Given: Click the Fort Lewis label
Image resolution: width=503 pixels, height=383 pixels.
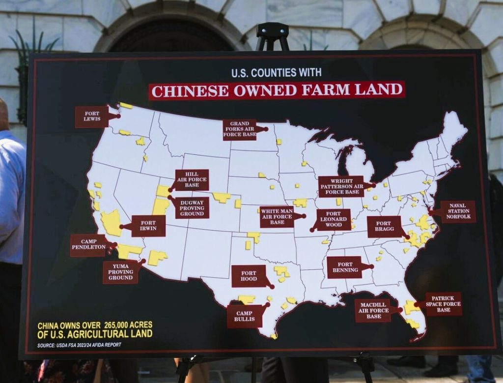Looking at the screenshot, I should coord(92,117).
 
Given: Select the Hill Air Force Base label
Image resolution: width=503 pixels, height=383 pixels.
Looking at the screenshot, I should coord(192,180).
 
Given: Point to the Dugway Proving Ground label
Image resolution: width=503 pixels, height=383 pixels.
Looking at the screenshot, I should coord(192,207).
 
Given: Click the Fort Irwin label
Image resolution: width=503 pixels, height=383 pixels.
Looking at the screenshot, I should coord(148,226).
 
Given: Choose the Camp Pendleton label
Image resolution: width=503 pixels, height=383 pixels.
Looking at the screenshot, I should coord(88,245).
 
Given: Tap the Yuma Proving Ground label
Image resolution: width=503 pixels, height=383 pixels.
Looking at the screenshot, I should coord(121,272).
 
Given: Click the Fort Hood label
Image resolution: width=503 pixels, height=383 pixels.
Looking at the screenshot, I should coord(249,276).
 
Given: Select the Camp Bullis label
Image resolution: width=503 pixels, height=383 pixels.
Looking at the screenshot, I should coord(244,316).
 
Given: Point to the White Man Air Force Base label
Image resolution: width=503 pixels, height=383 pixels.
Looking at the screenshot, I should coord(277,216).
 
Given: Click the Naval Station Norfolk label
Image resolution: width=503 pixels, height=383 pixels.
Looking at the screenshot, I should coord(458,211).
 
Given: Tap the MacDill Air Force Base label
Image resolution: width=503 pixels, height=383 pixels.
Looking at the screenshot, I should coord(373,311).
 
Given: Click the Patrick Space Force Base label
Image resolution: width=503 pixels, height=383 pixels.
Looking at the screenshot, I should coord(444,304).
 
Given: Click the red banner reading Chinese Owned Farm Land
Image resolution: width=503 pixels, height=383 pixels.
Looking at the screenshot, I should coord(277,90).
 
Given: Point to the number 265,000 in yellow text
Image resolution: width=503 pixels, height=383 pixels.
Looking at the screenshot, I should coord(121,325).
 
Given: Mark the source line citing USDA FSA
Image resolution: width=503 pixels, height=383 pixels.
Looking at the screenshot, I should coord(79,345).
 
